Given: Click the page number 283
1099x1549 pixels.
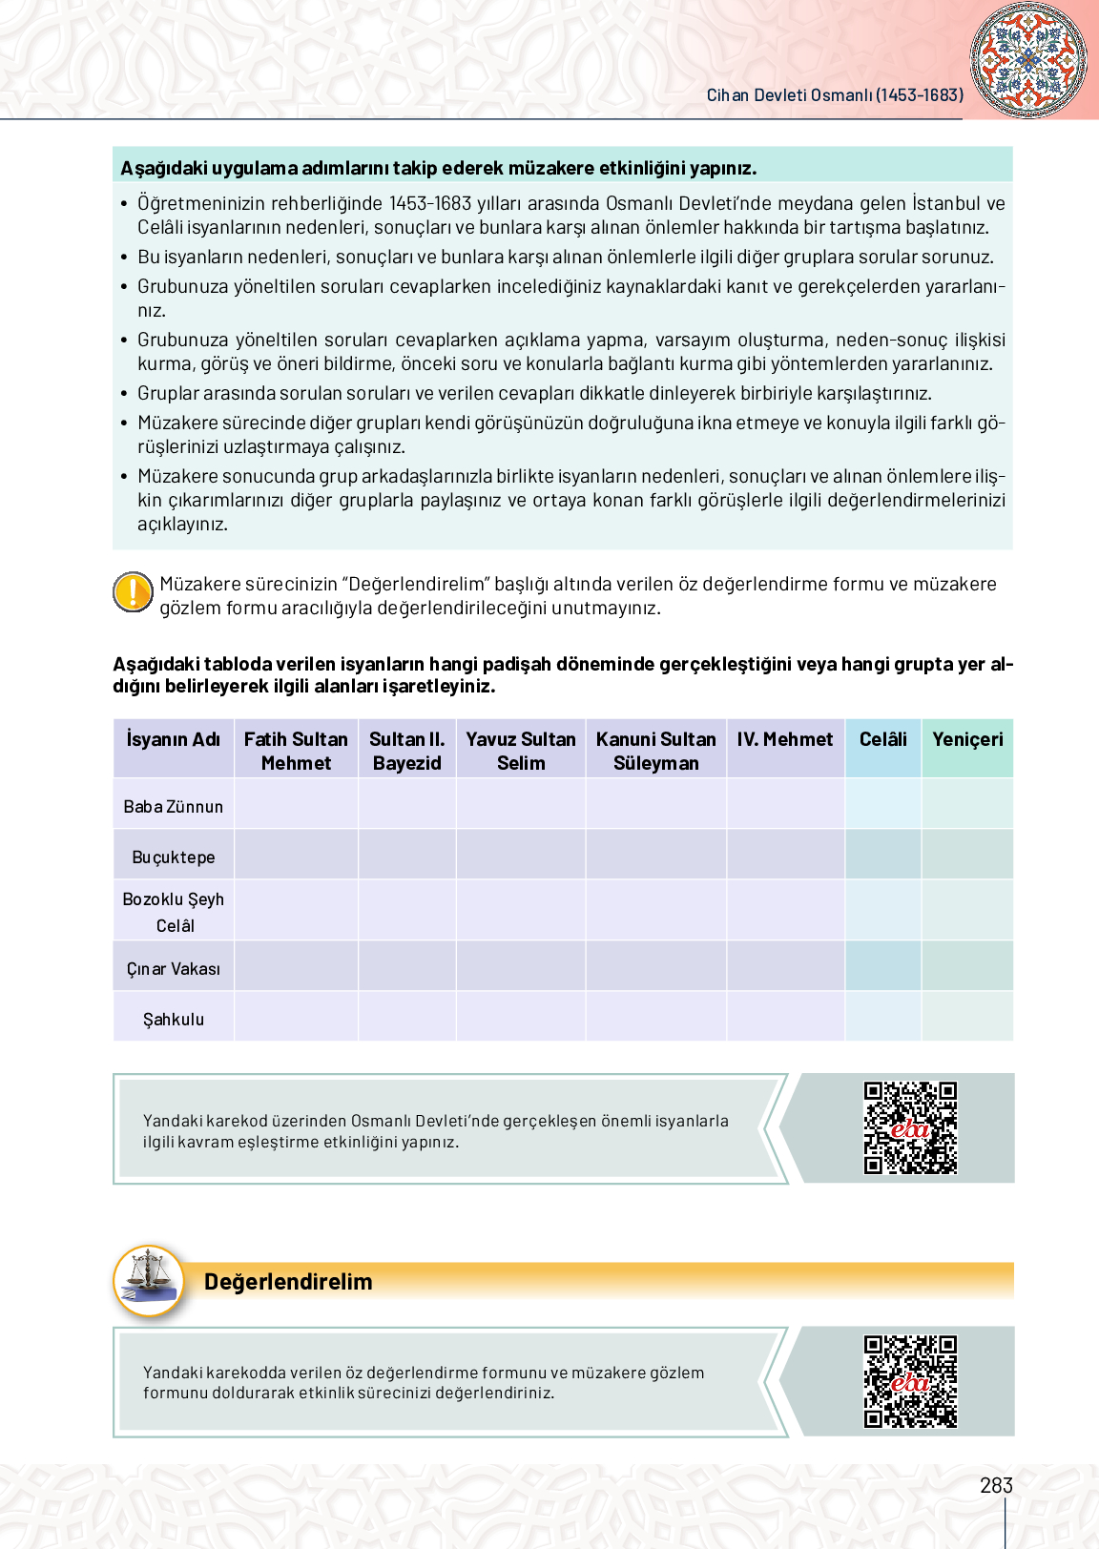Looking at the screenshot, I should tap(996, 1485).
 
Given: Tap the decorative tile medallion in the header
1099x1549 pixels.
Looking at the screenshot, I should tap(1027, 59).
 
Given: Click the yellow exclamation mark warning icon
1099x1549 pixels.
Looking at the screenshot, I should tap(133, 592).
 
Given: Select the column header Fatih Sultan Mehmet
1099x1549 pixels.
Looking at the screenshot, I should tap(296, 751).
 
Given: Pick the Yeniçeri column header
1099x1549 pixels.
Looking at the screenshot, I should tap(967, 739).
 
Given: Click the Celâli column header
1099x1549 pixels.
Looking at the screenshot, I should tap(882, 739).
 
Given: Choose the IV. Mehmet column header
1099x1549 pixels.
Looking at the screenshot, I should tap(784, 739).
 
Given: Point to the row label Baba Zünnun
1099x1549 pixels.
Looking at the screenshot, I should tap(174, 806).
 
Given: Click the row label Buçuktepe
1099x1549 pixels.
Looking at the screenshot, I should tap(174, 857).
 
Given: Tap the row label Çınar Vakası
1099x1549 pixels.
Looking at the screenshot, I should tap(174, 968).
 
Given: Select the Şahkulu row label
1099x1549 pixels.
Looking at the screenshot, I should tap(174, 1019).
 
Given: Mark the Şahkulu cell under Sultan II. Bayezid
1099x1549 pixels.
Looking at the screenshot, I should tap(407, 1017).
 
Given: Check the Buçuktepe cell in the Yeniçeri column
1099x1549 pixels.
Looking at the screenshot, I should tap(967, 855).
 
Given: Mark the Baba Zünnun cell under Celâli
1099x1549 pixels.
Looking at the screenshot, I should tap(882, 803).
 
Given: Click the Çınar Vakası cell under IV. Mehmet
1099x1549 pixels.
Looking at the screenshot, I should tap(785, 966).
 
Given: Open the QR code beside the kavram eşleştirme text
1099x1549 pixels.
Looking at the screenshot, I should tap(910, 1127).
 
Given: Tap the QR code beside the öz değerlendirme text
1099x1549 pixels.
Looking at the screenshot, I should tap(910, 1381).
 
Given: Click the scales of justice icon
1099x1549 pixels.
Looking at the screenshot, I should tap(149, 1281).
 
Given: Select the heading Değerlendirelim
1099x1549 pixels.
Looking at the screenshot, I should tap(288, 1281).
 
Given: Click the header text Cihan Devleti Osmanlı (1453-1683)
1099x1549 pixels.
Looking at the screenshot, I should tap(835, 95).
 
